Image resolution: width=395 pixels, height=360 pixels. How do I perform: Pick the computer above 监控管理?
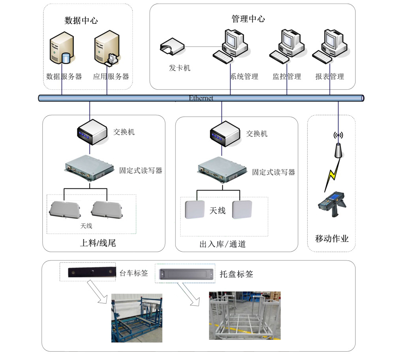pyautogui.click(x=288, y=45)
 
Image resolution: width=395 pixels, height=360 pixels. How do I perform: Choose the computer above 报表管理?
pyautogui.click(x=331, y=45)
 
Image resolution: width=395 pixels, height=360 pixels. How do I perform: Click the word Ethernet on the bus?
pyautogui.click(x=201, y=98)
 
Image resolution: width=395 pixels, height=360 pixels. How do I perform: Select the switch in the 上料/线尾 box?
pyautogui.click(x=92, y=133)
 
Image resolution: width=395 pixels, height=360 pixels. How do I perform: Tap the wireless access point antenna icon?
pyautogui.click(x=338, y=145)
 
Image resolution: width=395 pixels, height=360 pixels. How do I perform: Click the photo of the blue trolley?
pyautogui.click(x=136, y=318)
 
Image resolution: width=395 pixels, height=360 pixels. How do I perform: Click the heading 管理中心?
pyautogui.click(x=248, y=19)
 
